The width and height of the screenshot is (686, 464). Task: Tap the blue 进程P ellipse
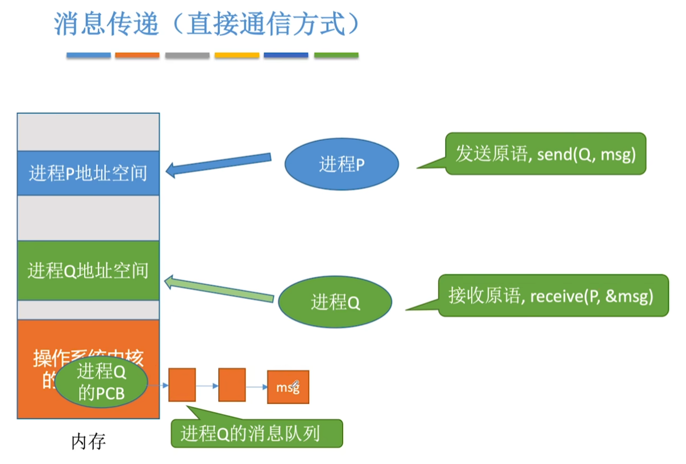342,164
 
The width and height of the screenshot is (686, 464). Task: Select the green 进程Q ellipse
335,301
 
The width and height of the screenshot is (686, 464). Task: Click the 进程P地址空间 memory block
88,173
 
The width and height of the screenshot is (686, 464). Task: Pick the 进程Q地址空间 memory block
88,270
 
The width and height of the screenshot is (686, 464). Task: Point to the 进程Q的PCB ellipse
101,382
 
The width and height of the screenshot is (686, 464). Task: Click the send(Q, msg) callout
545,154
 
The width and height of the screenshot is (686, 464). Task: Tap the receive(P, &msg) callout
552,296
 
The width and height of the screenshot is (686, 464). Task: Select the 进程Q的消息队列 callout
256,434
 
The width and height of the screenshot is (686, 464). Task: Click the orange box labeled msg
288,387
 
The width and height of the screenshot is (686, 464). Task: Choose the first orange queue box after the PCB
182,385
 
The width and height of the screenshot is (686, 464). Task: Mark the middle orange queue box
232,385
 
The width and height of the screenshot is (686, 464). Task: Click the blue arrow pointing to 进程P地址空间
218,164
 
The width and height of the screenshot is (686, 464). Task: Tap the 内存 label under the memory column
88,441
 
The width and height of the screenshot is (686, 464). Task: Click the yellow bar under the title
237,55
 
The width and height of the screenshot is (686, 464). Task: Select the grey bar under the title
188,55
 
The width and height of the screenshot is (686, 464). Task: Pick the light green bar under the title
336,55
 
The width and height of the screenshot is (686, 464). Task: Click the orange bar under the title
137,55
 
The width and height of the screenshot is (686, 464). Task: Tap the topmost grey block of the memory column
88,132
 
